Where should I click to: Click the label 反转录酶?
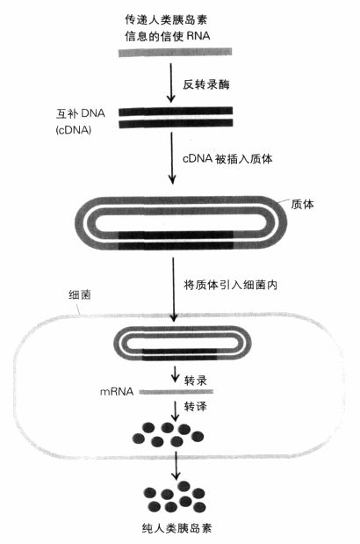click(x=206, y=84)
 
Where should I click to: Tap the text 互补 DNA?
click(x=81, y=113)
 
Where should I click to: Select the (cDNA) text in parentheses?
click(x=74, y=130)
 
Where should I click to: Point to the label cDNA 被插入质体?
click(x=227, y=158)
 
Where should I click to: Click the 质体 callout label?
click(x=302, y=204)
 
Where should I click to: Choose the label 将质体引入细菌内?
click(x=230, y=285)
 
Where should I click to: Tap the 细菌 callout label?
click(x=80, y=295)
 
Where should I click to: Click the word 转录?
click(x=196, y=381)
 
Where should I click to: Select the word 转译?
click(x=196, y=406)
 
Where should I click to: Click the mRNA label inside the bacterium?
click(x=117, y=392)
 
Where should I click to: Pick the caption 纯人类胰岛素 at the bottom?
click(x=177, y=528)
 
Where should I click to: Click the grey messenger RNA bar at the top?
click(x=175, y=53)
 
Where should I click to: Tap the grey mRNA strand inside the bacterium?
click(x=176, y=392)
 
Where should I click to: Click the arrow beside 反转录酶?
click(x=170, y=83)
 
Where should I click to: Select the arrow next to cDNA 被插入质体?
click(x=172, y=158)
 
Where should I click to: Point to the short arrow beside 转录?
click(x=176, y=374)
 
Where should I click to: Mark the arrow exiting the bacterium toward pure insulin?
click(x=176, y=466)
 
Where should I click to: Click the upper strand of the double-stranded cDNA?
click(x=176, y=112)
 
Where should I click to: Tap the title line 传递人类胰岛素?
click(x=166, y=19)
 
